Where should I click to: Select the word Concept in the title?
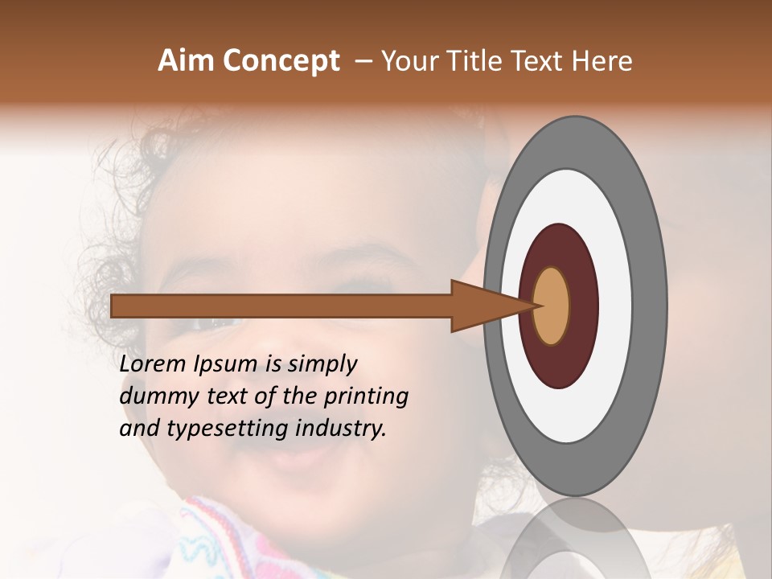pyautogui.click(x=280, y=61)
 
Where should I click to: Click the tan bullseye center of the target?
pyautogui.click(x=552, y=306)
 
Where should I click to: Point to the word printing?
pyautogui.click(x=366, y=397)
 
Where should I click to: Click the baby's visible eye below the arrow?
pyautogui.click(x=213, y=323)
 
